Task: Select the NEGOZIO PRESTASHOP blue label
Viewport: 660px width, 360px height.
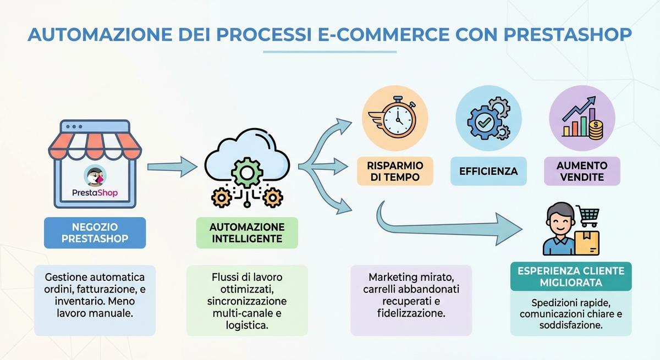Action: pyautogui.click(x=95, y=232)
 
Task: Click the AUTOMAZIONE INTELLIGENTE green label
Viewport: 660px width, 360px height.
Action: pyautogui.click(x=246, y=232)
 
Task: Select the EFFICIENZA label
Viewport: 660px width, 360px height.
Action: pyautogui.click(x=488, y=171)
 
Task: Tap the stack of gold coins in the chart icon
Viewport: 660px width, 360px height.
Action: pyautogui.click(x=595, y=130)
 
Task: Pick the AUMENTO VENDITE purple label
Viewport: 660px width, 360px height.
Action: pyautogui.click(x=582, y=171)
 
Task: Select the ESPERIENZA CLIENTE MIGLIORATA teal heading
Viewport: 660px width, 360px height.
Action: pyautogui.click(x=571, y=276)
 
